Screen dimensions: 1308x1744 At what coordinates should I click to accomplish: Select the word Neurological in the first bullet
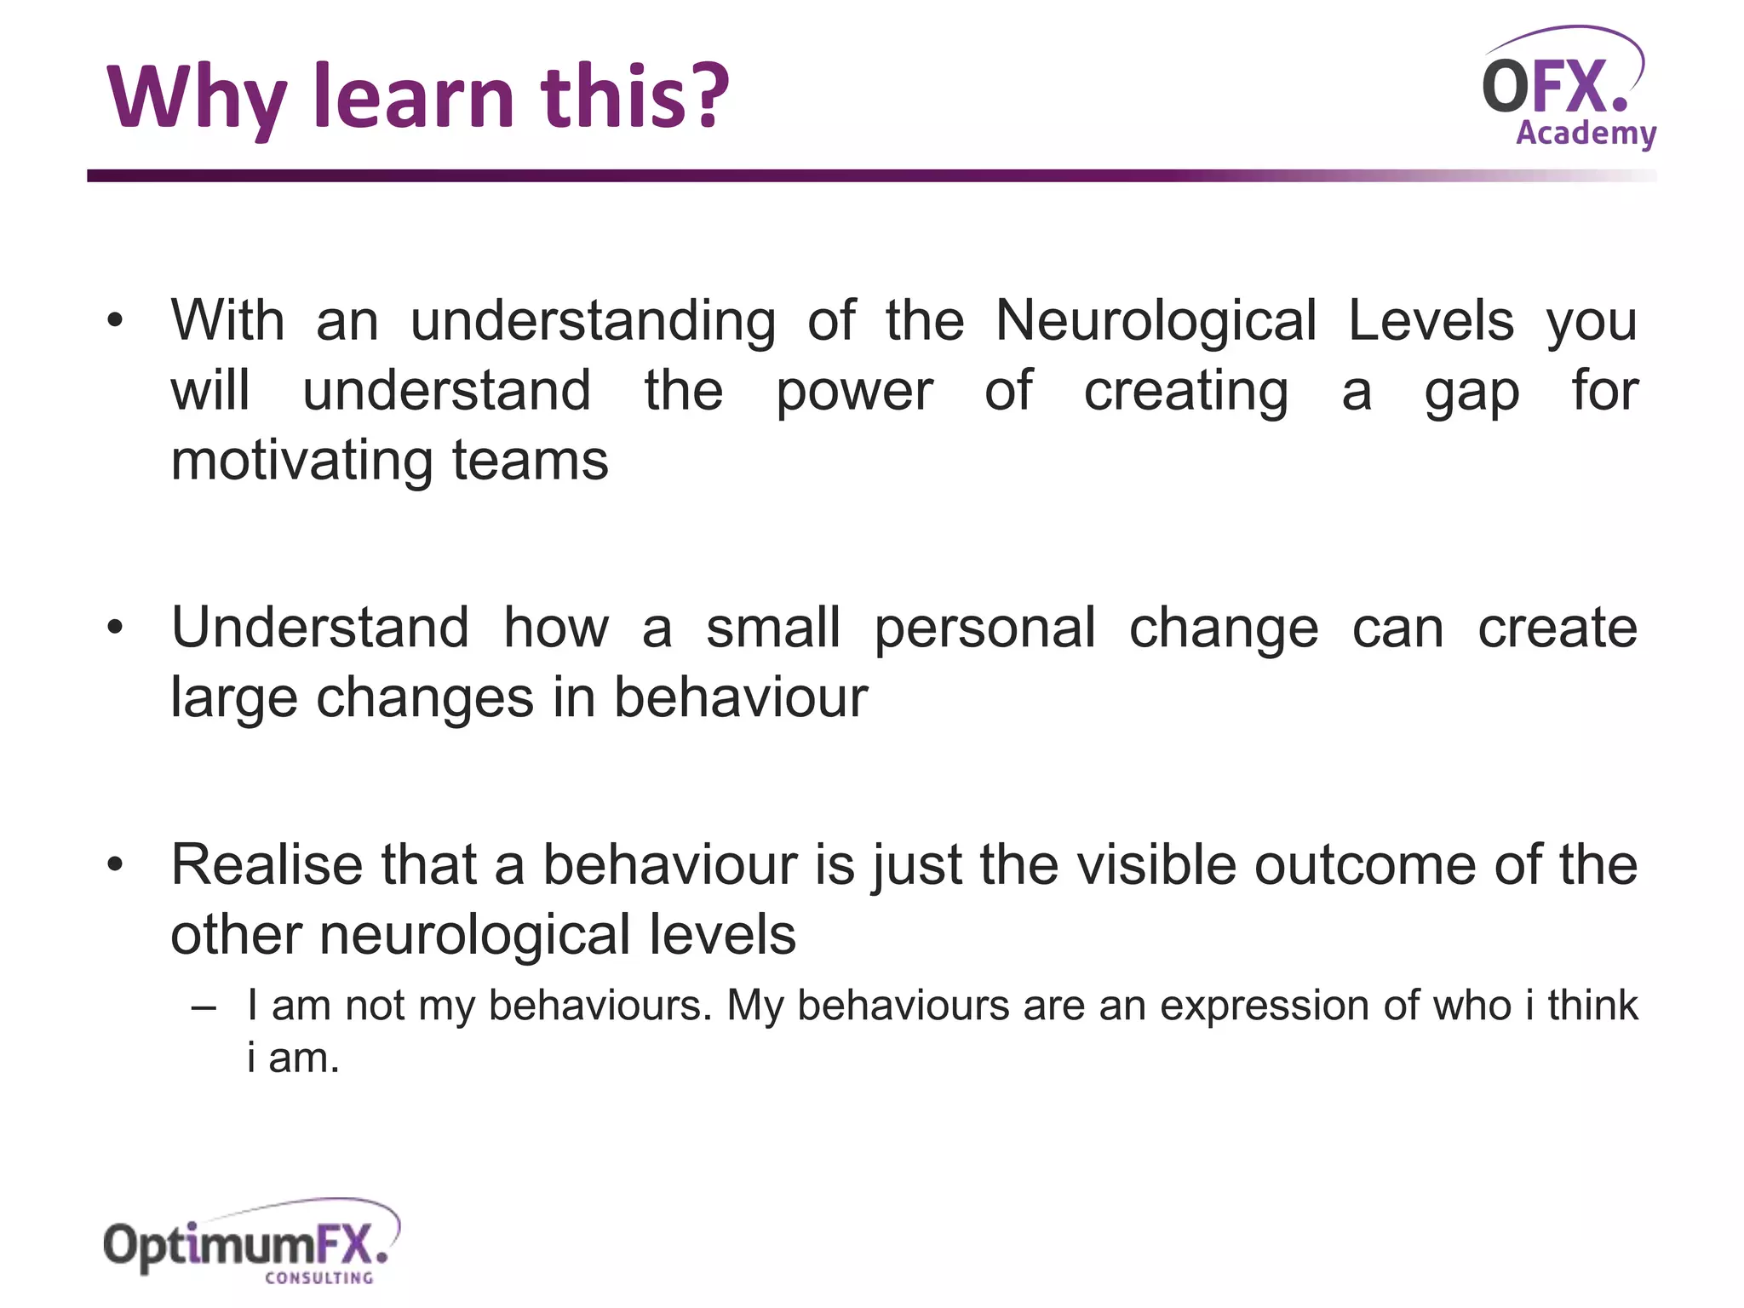coord(1156,322)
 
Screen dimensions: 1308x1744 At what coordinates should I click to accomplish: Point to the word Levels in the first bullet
coord(1431,322)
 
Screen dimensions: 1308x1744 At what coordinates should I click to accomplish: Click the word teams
coord(530,462)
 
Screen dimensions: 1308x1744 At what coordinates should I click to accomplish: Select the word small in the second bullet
coord(773,628)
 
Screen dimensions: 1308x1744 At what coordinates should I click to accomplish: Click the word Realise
coord(267,865)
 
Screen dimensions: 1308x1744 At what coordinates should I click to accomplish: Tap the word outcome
coord(1366,865)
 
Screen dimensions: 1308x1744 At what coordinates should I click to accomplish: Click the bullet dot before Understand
coord(116,628)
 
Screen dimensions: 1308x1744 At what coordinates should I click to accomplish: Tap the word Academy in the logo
coord(1586,134)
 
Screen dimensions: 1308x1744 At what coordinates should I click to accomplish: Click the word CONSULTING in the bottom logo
coord(319,1277)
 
